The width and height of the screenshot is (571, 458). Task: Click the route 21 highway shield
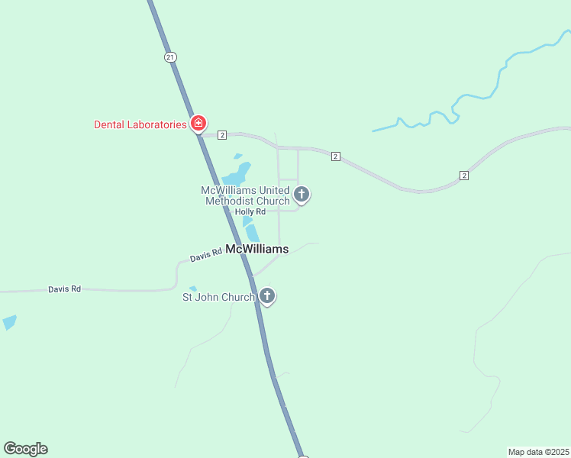pyautogui.click(x=170, y=57)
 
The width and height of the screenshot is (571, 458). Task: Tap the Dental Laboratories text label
pyautogui.click(x=140, y=124)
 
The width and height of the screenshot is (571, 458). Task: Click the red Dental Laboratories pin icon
pyautogui.click(x=198, y=123)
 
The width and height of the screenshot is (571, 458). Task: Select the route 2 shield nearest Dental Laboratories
pyautogui.click(x=222, y=135)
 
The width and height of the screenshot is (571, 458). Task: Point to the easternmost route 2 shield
pyautogui.click(x=464, y=176)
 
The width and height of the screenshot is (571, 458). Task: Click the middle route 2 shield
pyautogui.click(x=335, y=156)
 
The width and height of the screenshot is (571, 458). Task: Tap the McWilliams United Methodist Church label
pyautogui.click(x=245, y=195)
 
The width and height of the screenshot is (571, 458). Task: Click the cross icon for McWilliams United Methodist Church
pyautogui.click(x=302, y=195)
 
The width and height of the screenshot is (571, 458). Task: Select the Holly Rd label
pyautogui.click(x=250, y=211)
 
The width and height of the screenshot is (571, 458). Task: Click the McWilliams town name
pyautogui.click(x=256, y=249)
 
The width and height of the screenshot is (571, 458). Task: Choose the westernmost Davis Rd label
pyautogui.click(x=64, y=289)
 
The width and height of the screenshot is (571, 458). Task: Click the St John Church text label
pyautogui.click(x=217, y=297)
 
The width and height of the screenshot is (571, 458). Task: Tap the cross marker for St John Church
pyautogui.click(x=266, y=295)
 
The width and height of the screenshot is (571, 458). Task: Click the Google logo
pyautogui.click(x=25, y=449)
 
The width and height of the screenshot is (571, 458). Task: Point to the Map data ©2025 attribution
pyautogui.click(x=538, y=452)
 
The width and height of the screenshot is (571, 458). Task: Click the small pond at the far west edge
pyautogui.click(x=8, y=322)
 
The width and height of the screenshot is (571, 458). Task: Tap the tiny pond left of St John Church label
pyautogui.click(x=193, y=289)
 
